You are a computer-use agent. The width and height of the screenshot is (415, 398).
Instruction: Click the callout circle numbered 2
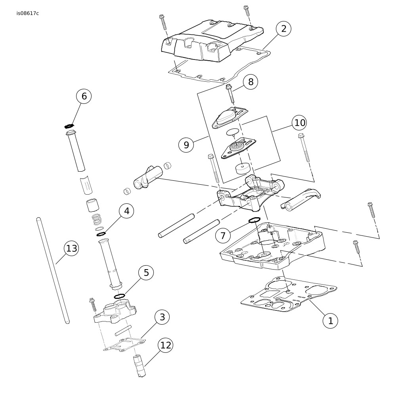click(283, 29)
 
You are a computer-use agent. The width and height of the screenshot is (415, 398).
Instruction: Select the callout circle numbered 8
click(251, 82)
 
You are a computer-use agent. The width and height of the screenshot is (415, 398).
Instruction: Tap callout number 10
click(300, 123)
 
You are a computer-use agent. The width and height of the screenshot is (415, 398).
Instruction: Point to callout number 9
click(186, 145)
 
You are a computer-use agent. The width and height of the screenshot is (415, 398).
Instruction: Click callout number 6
click(84, 96)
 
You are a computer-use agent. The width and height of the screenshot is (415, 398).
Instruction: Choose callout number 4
click(126, 211)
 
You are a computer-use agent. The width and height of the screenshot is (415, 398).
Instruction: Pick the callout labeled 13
click(71, 249)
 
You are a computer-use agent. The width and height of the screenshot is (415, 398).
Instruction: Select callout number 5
click(146, 273)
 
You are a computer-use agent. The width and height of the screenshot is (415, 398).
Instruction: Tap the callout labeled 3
click(162, 317)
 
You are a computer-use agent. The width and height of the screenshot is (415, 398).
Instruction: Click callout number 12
click(166, 345)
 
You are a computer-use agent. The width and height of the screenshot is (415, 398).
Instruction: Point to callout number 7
click(223, 236)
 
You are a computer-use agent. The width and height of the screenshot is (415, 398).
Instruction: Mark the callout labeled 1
click(331, 321)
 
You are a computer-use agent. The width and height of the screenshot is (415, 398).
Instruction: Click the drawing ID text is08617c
click(28, 13)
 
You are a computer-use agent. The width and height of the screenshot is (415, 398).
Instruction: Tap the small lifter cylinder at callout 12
click(140, 365)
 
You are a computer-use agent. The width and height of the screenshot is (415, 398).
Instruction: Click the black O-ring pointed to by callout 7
click(254, 220)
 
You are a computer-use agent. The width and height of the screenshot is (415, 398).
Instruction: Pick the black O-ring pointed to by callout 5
click(119, 296)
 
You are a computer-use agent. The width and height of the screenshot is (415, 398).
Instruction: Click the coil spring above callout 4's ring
click(96, 219)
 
